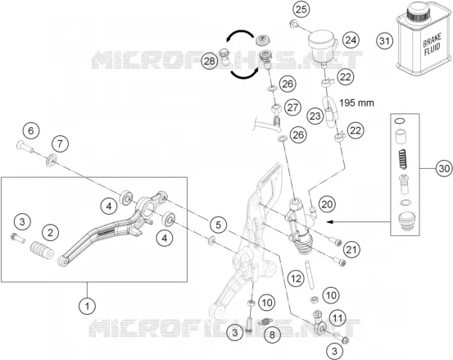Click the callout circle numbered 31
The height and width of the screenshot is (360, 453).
pos(384,41)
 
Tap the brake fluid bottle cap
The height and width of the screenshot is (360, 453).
pos(419,11)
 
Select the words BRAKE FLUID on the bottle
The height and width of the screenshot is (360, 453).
pos(433,44)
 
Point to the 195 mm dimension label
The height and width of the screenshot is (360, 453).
pos(356,103)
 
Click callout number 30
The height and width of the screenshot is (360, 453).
pos(444,168)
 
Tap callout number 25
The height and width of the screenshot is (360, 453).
pos(301,10)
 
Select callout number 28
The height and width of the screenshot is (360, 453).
pos(210,61)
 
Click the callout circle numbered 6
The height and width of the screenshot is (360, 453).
pos(31,130)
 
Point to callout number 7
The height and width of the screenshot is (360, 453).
pos(60,144)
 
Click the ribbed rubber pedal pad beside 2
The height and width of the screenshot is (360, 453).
pos(42,250)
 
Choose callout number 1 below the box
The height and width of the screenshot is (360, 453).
pos(88,306)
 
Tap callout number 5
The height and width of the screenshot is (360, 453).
pos(218,225)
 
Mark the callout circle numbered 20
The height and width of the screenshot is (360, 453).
pos(327,204)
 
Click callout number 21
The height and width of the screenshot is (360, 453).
pos(351,249)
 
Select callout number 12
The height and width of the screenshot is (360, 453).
pos(296,279)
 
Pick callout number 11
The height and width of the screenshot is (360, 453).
pos(337,319)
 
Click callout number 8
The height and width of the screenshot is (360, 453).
pos(272,335)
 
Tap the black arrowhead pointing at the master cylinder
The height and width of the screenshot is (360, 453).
pos(330,222)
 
